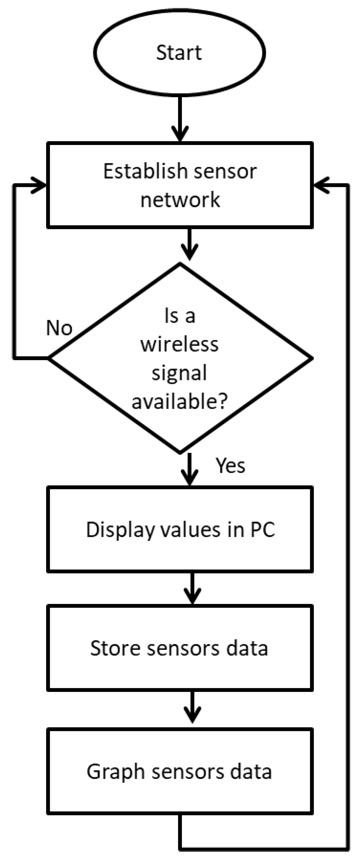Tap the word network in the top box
coord(180,200)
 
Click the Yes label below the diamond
coord(230,466)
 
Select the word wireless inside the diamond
coord(180,345)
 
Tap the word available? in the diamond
coord(180,401)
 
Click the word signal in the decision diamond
coord(180,373)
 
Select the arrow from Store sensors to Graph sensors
coord(192,708)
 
